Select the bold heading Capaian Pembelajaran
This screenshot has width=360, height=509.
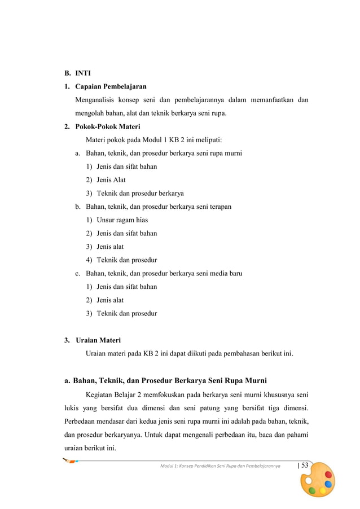pyautogui.click(x=111, y=87)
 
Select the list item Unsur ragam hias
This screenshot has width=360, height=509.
pyautogui.click(x=122, y=220)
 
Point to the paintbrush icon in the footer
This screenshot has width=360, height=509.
pyautogui.click(x=71, y=462)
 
